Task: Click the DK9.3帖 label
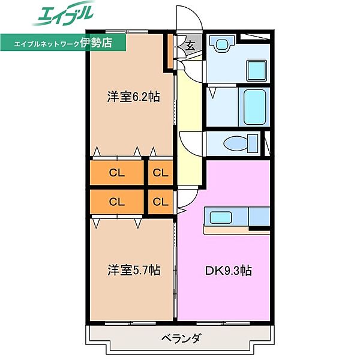[229, 270]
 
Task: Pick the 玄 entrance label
[190, 46]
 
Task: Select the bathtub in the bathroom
[254, 107]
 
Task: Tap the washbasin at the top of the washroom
[221, 45]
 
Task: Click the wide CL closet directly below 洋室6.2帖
[117, 173]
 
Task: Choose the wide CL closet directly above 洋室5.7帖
[117, 201]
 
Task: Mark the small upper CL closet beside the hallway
[160, 173]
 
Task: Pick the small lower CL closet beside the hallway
[160, 201]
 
